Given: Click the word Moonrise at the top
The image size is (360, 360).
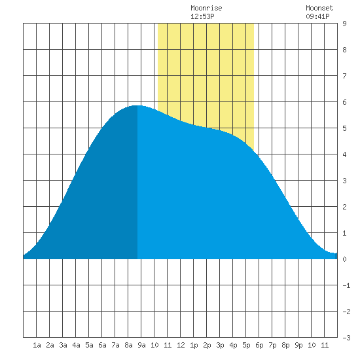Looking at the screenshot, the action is tap(206, 8).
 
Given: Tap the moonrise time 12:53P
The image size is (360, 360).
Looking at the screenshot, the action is tap(202, 16).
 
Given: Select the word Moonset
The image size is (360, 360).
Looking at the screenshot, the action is tap(319, 8).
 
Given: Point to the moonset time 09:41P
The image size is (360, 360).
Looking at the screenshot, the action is tap(317, 16).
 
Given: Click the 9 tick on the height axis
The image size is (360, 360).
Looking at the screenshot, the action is tap(344, 24).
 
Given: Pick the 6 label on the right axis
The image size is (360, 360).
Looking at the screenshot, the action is tap(344, 102).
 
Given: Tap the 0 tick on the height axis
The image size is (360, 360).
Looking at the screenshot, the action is tap(344, 259).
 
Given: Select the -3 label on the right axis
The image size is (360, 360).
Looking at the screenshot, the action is tap(346, 338).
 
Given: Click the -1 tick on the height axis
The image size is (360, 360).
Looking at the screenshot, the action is tap(346, 285).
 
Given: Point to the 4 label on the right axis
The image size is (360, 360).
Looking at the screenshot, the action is tap(344, 154).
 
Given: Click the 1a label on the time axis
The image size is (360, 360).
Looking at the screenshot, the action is tap(37, 345).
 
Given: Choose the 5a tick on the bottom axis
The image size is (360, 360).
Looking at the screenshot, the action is tap(89, 345).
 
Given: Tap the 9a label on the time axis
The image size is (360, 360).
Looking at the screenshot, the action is tap(141, 345).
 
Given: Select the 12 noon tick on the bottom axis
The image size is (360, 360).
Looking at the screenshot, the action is tap(181, 345).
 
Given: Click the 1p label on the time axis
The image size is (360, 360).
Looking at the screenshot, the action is tap(194, 345).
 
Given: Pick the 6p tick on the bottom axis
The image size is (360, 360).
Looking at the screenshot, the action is tap(259, 345).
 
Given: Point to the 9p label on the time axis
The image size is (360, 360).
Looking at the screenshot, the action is tap(298, 345).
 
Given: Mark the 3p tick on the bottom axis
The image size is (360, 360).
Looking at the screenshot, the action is tap(220, 345).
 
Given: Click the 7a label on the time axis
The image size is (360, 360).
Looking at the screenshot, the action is tap(115, 345).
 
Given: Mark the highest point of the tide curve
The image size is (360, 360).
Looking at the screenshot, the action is tap(137, 105).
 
